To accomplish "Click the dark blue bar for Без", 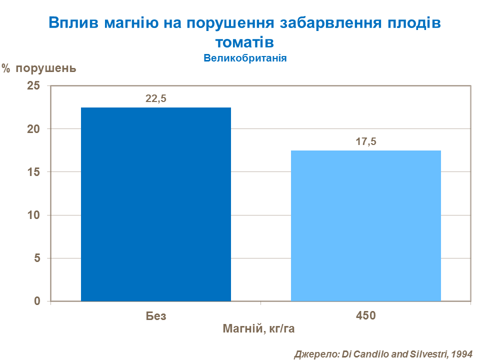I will pyautogui.click(x=156, y=204).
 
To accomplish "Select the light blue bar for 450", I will pyautogui.click(x=365, y=225).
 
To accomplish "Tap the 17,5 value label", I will pyautogui.click(x=365, y=142).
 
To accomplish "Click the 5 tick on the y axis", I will pyautogui.click(x=36, y=258).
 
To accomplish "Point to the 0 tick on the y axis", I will pyautogui.click(x=36, y=301).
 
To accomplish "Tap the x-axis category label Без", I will pyautogui.click(x=156, y=316).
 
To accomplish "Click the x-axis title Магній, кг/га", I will pyautogui.click(x=262, y=329).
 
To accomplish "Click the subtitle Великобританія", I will pyautogui.click(x=244, y=57).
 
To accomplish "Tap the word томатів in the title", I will pyautogui.click(x=244, y=40).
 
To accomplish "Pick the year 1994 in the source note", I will pyautogui.click(x=461, y=353).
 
